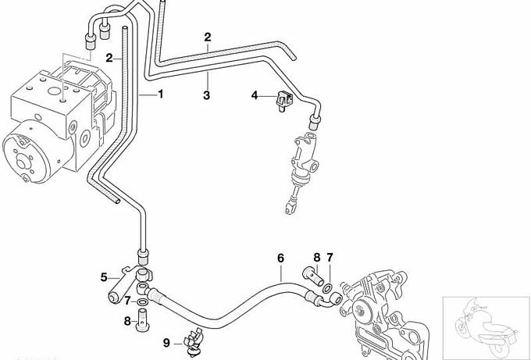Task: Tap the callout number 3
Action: pyautogui.click(x=207, y=95)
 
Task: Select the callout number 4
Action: pyautogui.click(x=254, y=95)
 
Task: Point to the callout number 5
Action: pyautogui.click(x=104, y=276)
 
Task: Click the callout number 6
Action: pyautogui.click(x=280, y=257)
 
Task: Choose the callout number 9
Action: pyautogui.click(x=166, y=341)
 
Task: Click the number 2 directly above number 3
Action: pyautogui.click(x=208, y=37)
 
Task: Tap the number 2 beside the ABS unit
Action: pyautogui.click(x=110, y=57)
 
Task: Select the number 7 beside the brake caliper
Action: pyautogui.click(x=330, y=257)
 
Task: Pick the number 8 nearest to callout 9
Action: pyautogui.click(x=127, y=319)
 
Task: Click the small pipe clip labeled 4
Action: pyautogui.click(x=283, y=98)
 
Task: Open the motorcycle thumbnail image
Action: pyautogui.click(x=485, y=325)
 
